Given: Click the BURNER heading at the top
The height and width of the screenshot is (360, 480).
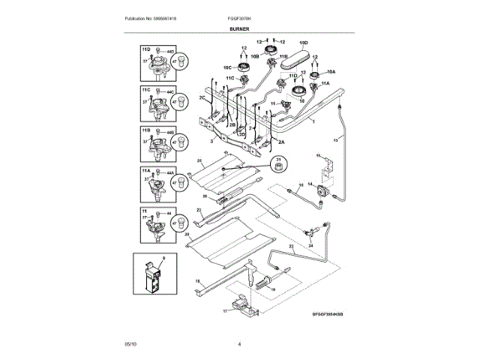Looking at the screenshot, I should tap(239, 28).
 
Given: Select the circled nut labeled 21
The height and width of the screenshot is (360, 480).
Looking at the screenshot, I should tap(279, 166).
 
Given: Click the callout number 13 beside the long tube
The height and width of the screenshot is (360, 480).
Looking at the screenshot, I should tap(335, 140).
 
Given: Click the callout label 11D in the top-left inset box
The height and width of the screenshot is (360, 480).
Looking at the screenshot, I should tap(145, 49).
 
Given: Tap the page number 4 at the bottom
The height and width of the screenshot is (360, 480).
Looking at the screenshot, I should tap(239, 343).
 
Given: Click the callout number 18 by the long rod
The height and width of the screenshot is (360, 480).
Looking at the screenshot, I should tap(198, 280).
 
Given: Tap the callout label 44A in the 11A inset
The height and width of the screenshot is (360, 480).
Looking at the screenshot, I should tap(171, 173).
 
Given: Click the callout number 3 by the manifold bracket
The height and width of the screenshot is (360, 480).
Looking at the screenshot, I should tap(211, 140).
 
